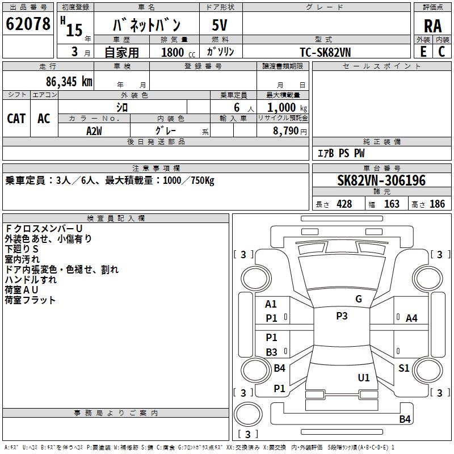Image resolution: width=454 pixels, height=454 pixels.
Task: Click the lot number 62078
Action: tap(28, 24)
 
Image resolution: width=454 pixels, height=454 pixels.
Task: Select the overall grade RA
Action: tap(432, 26)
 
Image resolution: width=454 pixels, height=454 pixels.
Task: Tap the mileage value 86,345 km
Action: tap(69, 82)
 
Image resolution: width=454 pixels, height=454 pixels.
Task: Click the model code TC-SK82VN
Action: tap(325, 52)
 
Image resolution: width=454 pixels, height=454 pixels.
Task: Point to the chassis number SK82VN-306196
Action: tap(381, 180)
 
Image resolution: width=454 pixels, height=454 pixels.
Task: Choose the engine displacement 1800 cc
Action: tap(178, 52)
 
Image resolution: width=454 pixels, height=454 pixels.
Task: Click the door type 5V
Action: tap(220, 25)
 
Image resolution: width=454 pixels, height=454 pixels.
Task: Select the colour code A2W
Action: tap(94, 131)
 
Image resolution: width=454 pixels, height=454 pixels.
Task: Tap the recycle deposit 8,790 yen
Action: tap(290, 131)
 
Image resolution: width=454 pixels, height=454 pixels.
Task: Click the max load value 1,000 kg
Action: tap(287, 108)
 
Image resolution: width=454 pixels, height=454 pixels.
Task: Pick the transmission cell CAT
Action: tap(16, 119)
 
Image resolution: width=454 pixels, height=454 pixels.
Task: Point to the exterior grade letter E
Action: tap(423, 52)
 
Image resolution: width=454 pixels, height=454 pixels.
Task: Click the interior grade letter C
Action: tap(442, 52)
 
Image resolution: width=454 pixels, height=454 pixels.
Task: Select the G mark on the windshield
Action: tap(359, 299)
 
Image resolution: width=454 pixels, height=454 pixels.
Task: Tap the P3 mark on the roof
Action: tap(342, 316)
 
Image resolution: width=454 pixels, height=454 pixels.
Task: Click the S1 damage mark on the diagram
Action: tap(403, 368)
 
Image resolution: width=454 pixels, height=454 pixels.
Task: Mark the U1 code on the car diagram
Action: tap(364, 377)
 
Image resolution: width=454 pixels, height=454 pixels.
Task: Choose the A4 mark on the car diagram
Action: tap(411, 318)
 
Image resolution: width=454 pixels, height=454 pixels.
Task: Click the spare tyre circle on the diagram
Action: tap(248, 414)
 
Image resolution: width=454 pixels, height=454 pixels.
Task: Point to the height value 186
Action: tap(437, 204)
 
